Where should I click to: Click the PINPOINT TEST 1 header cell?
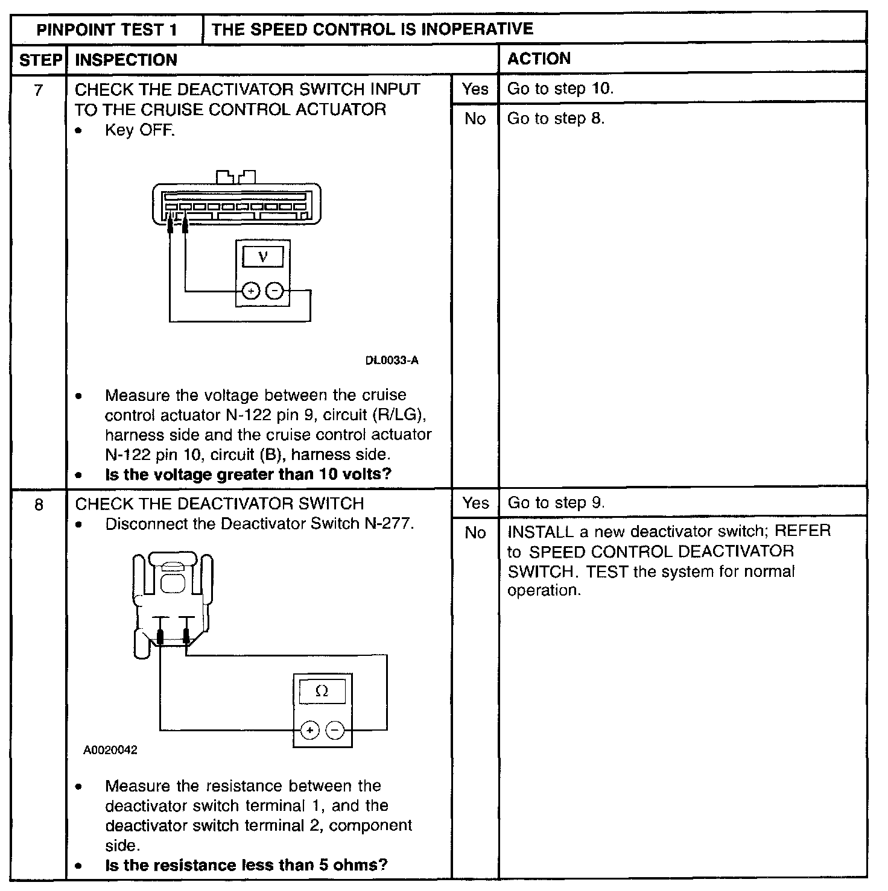[x=107, y=30]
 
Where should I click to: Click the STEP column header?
[x=40, y=60]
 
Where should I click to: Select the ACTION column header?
[x=539, y=58]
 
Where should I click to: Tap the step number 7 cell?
[x=39, y=90]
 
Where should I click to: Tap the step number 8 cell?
[x=39, y=504]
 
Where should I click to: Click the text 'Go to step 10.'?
[x=560, y=89]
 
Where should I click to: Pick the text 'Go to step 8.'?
[x=555, y=119]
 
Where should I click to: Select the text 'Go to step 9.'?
[x=556, y=503]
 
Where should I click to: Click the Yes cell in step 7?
[x=475, y=89]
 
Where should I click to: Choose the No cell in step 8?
[x=475, y=533]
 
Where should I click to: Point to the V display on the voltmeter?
[x=262, y=257]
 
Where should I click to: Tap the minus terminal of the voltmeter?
[x=275, y=292]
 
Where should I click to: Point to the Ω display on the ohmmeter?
[x=322, y=691]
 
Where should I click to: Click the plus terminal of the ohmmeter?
[x=309, y=731]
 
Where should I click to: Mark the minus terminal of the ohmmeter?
[x=335, y=731]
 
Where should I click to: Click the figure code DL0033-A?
[x=392, y=360]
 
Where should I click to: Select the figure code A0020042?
[x=110, y=751]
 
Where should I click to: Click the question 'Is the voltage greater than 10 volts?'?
[x=248, y=474]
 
